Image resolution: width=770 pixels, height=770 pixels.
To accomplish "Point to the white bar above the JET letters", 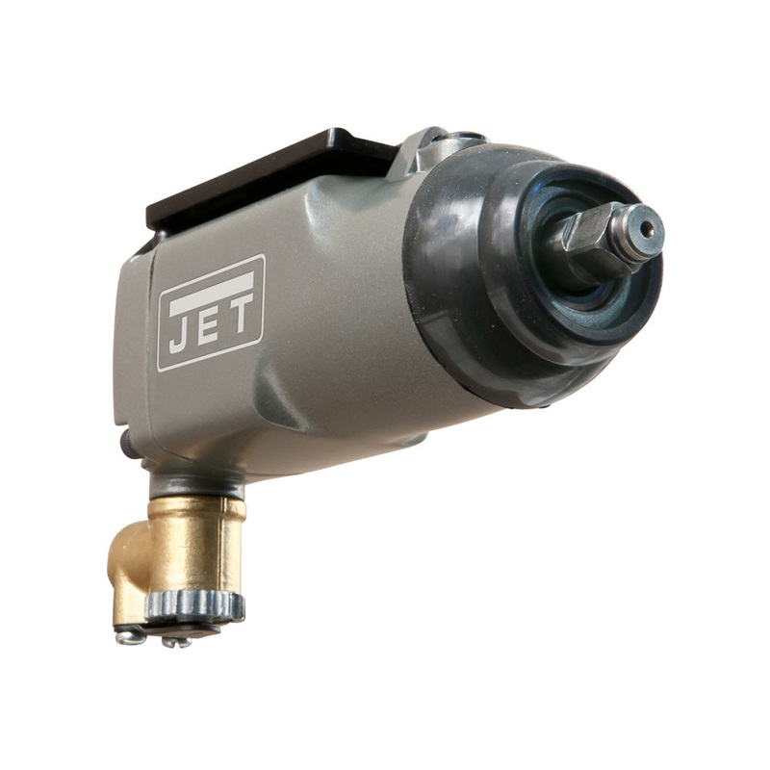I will (209, 287).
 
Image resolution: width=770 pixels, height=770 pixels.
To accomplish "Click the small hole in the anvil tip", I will (648, 229).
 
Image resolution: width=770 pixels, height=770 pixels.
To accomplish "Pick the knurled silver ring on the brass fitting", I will (192, 604).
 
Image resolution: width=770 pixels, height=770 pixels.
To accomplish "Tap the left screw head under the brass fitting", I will (127, 635).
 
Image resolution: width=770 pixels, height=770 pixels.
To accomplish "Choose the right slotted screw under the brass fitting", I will (175, 639).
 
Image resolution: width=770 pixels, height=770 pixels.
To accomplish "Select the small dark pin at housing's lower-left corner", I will (124, 442).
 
